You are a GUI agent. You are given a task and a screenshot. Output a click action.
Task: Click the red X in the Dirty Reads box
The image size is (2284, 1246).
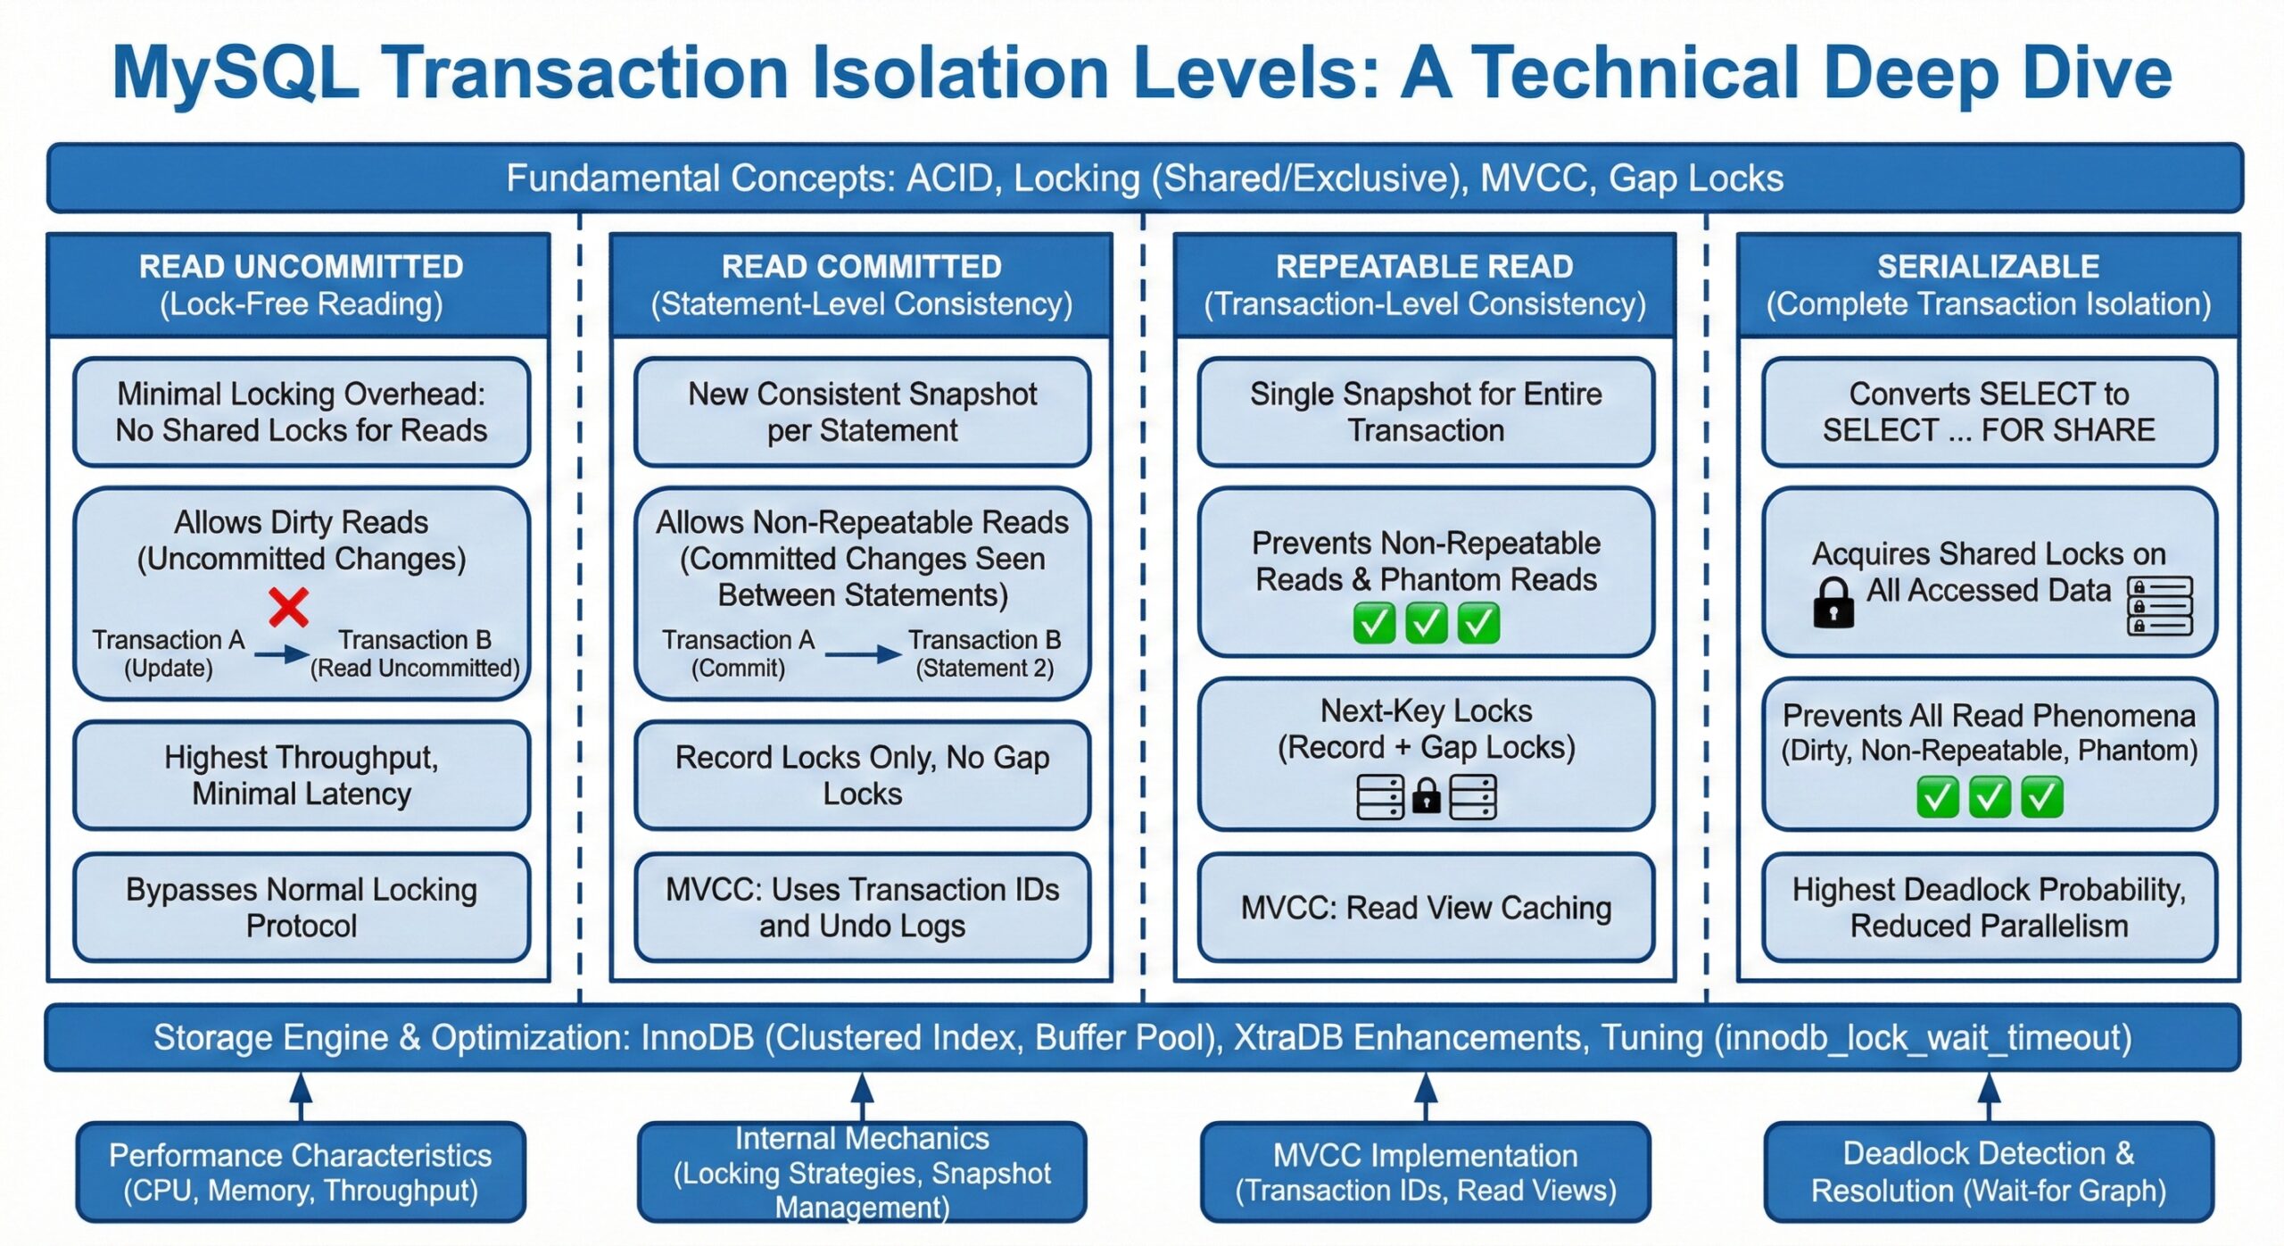click(x=288, y=608)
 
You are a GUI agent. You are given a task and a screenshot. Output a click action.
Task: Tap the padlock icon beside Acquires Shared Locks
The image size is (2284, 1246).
click(x=1833, y=603)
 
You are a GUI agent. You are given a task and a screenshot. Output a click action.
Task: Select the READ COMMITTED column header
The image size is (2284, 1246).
click(x=861, y=285)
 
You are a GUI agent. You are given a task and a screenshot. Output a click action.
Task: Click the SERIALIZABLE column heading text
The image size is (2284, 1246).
click(x=1988, y=267)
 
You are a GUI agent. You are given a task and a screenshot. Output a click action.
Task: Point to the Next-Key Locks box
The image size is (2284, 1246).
click(x=1426, y=753)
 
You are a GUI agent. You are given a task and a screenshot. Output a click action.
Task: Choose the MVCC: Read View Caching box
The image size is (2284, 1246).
click(x=1426, y=908)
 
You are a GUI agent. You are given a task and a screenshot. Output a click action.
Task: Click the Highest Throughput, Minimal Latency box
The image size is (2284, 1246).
click(x=302, y=775)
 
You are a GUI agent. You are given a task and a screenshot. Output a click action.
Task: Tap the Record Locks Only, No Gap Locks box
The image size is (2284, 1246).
click(x=862, y=775)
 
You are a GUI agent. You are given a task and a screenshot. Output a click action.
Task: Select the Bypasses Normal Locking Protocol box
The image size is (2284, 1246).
click(x=302, y=907)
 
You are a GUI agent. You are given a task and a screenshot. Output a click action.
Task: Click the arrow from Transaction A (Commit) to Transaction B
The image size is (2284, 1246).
click(x=863, y=654)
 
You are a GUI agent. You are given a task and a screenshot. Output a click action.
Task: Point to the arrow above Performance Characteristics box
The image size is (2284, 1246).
click(x=302, y=1095)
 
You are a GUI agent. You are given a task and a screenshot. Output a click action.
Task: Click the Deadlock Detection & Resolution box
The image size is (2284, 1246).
click(x=1988, y=1172)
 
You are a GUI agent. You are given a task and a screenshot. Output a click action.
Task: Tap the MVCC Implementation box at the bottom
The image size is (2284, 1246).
click(x=1425, y=1172)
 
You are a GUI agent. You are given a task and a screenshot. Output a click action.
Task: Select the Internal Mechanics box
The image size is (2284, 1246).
click(x=862, y=1172)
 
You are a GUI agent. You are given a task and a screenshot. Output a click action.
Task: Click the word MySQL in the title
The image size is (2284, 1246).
click(x=236, y=73)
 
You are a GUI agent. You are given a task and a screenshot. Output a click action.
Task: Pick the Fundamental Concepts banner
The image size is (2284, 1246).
click(x=1144, y=179)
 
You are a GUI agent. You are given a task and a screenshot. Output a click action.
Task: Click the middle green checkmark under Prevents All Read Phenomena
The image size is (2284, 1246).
click(x=1989, y=797)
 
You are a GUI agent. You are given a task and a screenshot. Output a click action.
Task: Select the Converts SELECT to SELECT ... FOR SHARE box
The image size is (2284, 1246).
click(x=1988, y=412)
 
